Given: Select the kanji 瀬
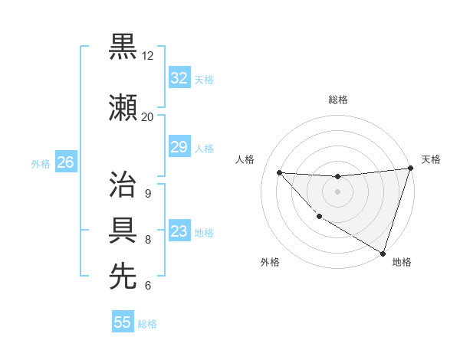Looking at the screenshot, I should (x=123, y=107).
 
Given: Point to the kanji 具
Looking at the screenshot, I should (x=123, y=231).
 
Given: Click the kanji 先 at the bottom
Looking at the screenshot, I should (x=123, y=277).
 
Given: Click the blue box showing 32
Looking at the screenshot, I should (x=179, y=78).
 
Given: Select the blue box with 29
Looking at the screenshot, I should (x=179, y=147).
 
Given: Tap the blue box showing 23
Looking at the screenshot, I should (x=179, y=231).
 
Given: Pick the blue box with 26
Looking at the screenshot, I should (x=65, y=162).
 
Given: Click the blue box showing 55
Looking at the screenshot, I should (x=123, y=322).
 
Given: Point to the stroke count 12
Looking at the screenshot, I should (x=148, y=56).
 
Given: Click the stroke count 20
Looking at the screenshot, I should (x=147, y=117).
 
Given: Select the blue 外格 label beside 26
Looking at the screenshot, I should (x=41, y=163).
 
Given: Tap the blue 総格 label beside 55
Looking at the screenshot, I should (x=147, y=324).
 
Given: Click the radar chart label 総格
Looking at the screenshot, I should (x=337, y=100).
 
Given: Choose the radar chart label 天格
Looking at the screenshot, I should (x=431, y=159).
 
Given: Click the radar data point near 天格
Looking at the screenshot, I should (x=410, y=169).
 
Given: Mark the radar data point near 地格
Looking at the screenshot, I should (x=383, y=253).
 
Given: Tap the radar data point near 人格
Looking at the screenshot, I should (x=279, y=172).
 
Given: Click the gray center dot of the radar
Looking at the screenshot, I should (x=337, y=191).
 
